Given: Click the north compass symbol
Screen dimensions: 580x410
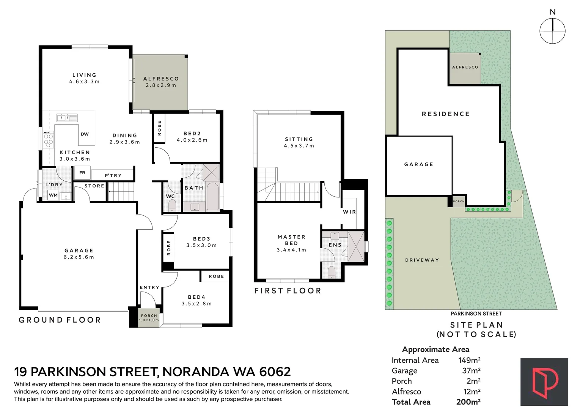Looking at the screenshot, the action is click(552, 31).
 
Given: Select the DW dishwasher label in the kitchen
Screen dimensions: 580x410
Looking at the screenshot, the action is click(85, 134).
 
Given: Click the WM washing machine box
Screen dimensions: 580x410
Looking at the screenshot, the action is click(53, 195).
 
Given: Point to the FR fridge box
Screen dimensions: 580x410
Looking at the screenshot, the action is click(82, 173).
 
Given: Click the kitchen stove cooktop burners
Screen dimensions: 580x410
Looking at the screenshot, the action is click(48, 139).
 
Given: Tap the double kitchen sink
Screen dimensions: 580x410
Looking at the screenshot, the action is click(67, 118).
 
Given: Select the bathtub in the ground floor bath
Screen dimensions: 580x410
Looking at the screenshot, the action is click(213, 197).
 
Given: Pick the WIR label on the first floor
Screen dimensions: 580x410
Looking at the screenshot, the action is click(349, 212).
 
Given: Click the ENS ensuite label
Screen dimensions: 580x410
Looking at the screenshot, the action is click(335, 244).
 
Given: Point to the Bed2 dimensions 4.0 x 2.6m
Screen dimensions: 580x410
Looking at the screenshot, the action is click(192, 140).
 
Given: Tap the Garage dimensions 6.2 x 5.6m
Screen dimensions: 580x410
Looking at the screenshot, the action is click(79, 257).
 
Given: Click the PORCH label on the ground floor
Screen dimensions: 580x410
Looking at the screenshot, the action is click(149, 315).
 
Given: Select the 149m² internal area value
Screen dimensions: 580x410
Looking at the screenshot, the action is click(469, 360).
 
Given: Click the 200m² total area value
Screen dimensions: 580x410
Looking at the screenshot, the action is click(468, 402).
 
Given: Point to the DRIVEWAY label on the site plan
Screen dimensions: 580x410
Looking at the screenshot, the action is click(422, 260).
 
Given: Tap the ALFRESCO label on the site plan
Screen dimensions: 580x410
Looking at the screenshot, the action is click(465, 67).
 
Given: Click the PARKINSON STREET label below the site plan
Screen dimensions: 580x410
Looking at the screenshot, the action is click(476, 314).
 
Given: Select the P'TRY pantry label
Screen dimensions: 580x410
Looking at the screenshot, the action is click(113, 175).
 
